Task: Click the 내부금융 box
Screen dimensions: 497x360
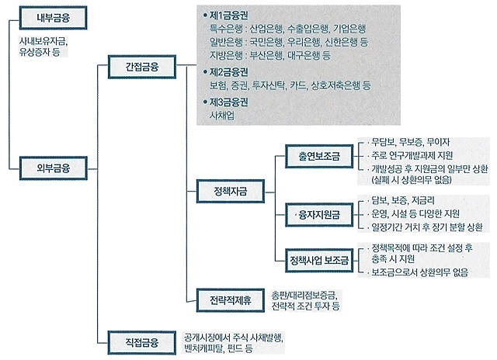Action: (54, 18)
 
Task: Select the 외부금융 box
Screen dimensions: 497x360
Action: (54, 168)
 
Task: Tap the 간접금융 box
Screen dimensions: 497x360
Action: (142, 67)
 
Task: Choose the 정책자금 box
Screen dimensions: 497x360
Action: (231, 191)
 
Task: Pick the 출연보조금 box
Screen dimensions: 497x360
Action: (319, 156)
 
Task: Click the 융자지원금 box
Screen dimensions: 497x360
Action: (319, 215)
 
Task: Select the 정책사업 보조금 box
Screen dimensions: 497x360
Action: (319, 261)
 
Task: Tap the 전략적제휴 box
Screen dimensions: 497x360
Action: (231, 300)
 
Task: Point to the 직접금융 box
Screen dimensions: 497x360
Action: (142, 343)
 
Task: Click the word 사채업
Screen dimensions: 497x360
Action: (222, 116)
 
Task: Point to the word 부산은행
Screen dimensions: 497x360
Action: (266, 55)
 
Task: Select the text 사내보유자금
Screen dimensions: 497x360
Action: (43, 41)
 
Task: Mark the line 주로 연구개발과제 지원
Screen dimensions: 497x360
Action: (412, 155)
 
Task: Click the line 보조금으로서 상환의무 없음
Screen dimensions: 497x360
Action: (419, 272)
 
